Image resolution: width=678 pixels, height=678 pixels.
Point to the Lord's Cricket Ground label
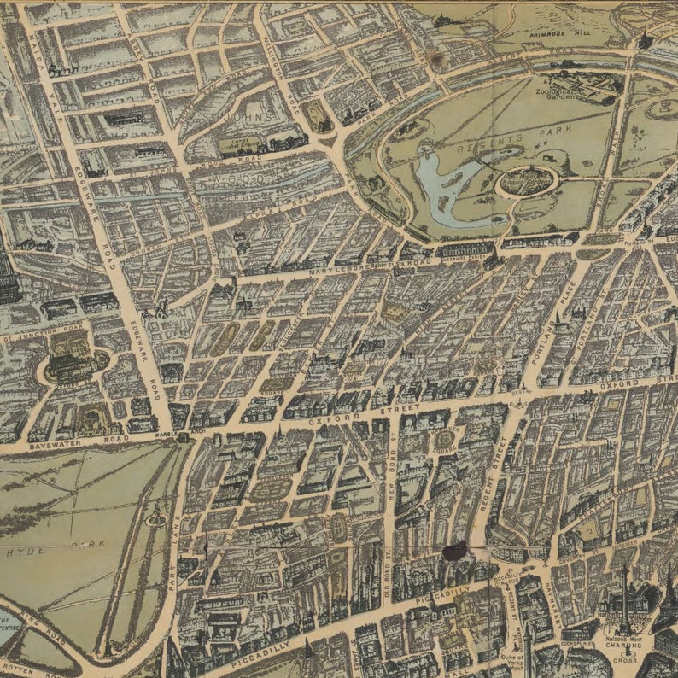coord(241,146)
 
